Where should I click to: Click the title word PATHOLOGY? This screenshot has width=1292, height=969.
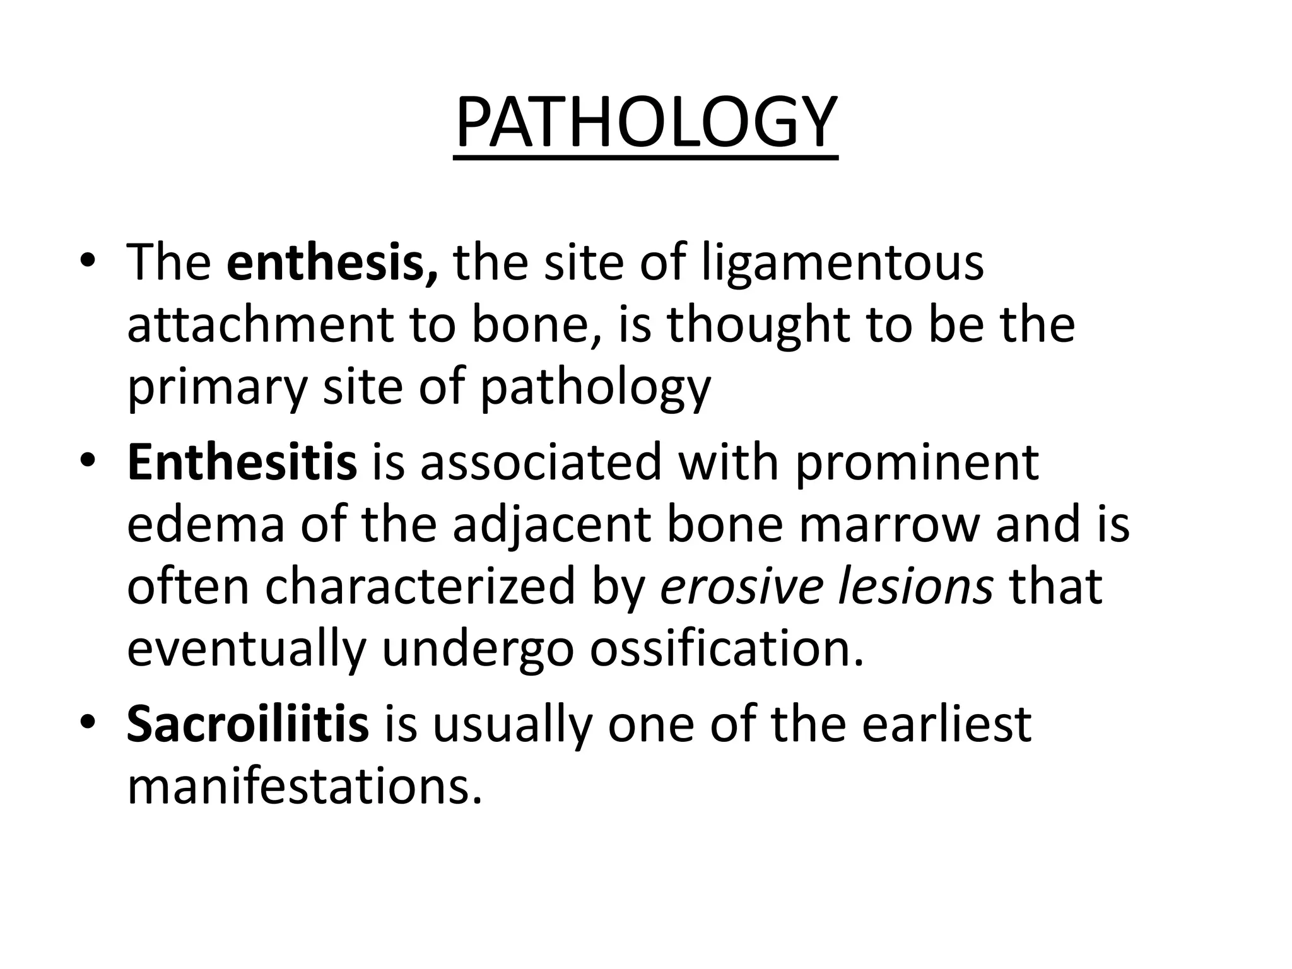point(646,123)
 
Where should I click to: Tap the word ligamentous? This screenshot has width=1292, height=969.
point(843,262)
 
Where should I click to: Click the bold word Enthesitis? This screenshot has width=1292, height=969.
point(242,462)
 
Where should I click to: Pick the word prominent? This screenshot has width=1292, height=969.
point(917,462)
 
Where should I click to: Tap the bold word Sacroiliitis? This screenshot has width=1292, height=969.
point(248,724)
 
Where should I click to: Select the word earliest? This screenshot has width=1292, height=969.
point(946,724)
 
